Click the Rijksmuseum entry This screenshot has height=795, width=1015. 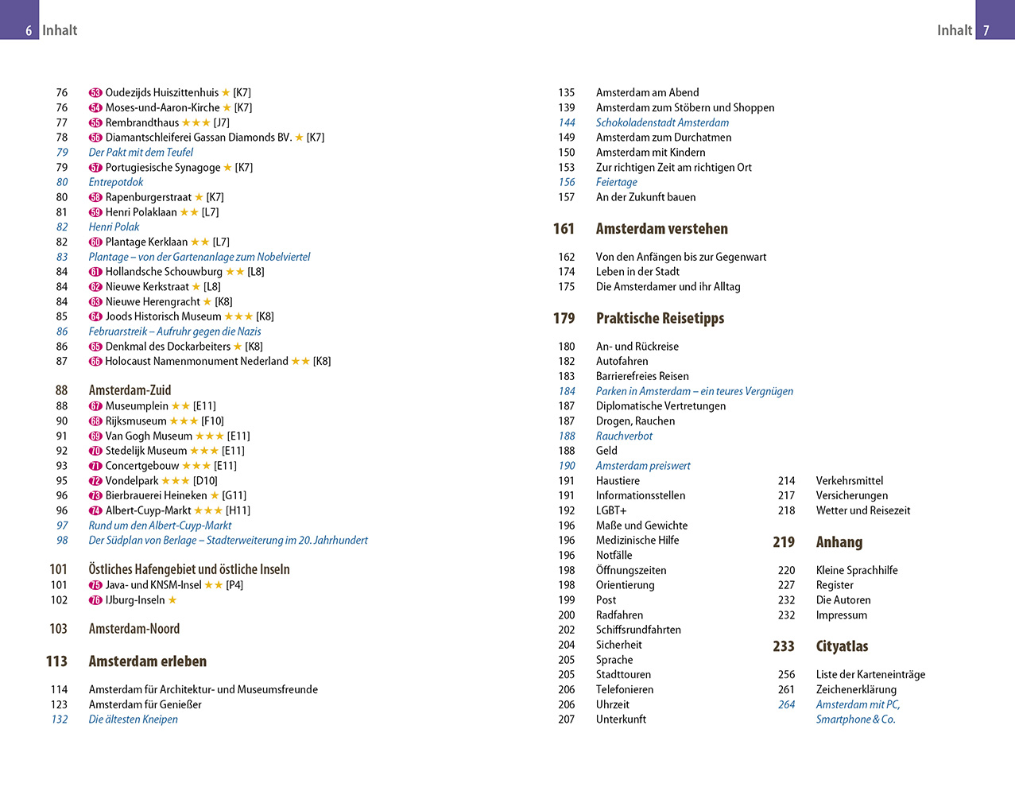(x=136, y=421)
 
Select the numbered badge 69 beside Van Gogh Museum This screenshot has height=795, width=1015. (x=95, y=436)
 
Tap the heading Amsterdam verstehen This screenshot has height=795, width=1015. (x=661, y=229)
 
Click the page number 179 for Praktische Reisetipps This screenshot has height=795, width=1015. (x=564, y=318)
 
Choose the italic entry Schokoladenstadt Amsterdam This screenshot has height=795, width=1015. (x=662, y=122)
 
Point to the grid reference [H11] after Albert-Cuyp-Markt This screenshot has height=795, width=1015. (x=238, y=510)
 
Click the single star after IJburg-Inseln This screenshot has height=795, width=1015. (x=172, y=600)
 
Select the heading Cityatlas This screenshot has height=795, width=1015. (x=842, y=646)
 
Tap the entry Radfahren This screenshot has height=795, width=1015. (x=619, y=615)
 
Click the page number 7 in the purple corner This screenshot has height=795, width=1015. (x=986, y=30)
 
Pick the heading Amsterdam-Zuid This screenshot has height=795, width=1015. (x=130, y=390)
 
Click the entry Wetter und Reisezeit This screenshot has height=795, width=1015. (x=863, y=510)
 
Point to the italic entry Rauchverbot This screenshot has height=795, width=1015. (x=624, y=436)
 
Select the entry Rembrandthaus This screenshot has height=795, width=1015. (x=142, y=122)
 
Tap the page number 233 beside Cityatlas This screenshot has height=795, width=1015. (x=784, y=646)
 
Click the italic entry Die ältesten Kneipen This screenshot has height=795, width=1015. (x=133, y=719)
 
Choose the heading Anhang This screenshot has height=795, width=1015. (x=839, y=542)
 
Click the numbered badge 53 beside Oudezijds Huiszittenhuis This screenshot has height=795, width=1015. (x=95, y=93)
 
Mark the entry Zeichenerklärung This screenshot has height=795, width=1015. (x=856, y=690)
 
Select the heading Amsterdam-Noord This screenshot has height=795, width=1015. (x=134, y=629)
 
